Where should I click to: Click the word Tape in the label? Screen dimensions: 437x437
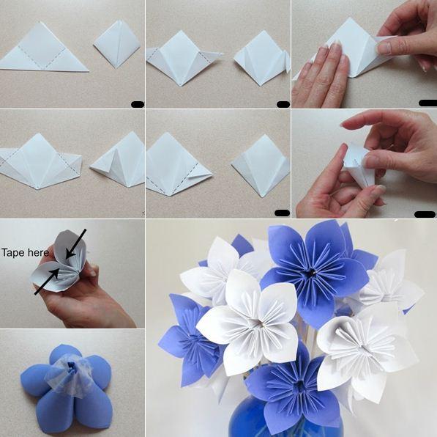point(12,253)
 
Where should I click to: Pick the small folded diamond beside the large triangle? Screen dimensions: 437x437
point(117,43)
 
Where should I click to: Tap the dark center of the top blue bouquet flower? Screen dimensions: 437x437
point(311,272)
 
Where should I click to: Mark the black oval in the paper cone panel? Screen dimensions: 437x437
point(425,214)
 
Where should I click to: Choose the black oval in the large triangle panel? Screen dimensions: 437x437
point(138,105)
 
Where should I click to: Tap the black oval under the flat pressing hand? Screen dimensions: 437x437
point(427,103)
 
